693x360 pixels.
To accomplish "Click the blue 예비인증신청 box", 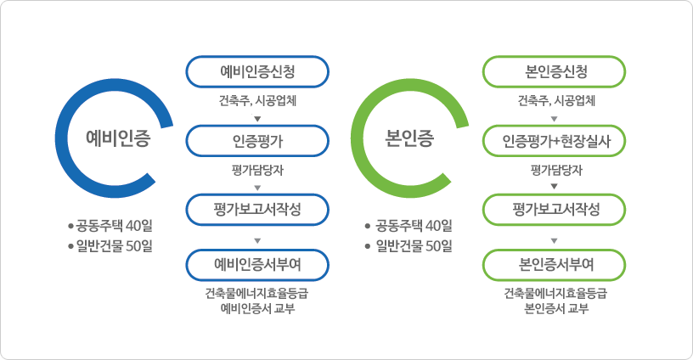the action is pos(257,71).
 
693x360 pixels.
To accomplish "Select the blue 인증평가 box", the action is pos(257,141).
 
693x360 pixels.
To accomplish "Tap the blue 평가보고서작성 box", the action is pos(257,210).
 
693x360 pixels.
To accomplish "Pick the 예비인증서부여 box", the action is pos(257,265).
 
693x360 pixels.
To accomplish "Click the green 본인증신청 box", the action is pos(555,71).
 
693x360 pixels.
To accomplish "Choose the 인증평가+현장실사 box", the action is pos(555,141).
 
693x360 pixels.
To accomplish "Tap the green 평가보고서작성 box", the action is pos(555,210).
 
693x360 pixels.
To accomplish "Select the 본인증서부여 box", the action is pos(555,265).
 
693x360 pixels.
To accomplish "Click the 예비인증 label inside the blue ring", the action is pos(118,138).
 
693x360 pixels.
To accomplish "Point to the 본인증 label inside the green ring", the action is pos(409,138).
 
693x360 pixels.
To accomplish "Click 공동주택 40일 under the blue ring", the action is pos(114,226).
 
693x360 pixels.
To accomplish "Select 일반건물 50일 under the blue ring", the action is pos(114,245).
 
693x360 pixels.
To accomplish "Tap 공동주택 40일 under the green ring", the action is pos(414,226).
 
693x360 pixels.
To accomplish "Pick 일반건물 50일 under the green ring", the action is pos(414,245).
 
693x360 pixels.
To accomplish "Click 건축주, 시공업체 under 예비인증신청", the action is pos(257,101).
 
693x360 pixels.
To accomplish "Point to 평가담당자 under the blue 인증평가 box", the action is pos(257,170).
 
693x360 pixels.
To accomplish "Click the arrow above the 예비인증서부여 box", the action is pos(257,241).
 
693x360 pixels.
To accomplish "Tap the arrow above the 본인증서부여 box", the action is pos(555,241).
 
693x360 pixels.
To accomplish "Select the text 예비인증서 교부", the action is pos(257,308).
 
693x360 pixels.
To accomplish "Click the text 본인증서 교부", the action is pos(556,308).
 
